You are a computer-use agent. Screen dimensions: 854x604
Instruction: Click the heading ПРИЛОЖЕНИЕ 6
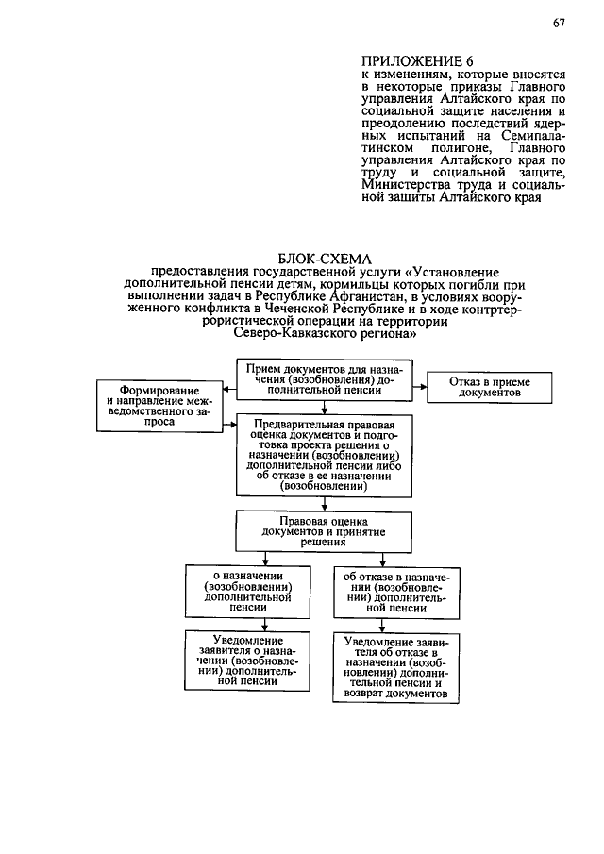[415, 62]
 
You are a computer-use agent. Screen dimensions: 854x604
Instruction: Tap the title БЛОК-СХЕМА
[326, 259]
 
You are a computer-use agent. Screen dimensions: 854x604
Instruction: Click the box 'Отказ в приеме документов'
[489, 386]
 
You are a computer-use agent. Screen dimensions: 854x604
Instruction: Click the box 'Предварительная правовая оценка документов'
[324, 456]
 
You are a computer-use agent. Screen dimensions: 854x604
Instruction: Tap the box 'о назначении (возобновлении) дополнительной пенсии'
[244, 591]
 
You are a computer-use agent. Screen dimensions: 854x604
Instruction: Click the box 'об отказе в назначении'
[395, 591]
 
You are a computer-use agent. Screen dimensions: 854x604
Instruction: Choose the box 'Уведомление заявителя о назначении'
[244, 661]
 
